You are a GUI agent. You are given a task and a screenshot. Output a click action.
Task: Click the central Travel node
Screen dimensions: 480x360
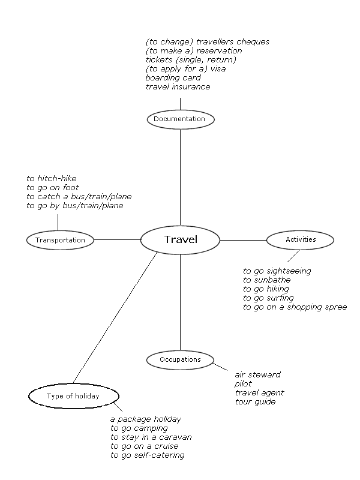click(x=181, y=240)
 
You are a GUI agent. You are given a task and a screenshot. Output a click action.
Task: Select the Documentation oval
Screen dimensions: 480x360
click(x=180, y=119)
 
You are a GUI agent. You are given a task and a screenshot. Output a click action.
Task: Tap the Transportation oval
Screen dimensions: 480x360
click(x=60, y=240)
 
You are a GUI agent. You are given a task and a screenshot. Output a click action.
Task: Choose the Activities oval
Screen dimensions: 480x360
click(x=300, y=239)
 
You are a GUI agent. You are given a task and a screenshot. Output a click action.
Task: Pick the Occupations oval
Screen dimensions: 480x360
click(x=180, y=359)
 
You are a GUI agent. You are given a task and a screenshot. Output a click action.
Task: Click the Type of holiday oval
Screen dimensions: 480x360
click(x=73, y=396)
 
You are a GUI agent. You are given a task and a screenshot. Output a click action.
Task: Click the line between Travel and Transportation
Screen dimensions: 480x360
click(x=117, y=240)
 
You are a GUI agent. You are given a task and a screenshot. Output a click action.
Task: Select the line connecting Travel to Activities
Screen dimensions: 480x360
click(x=243, y=240)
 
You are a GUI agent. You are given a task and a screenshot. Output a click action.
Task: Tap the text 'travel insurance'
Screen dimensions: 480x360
click(x=178, y=87)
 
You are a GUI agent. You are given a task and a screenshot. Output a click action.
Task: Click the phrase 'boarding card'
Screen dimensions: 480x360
click(x=173, y=78)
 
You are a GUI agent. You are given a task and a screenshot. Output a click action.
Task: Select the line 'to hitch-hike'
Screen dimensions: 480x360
click(x=51, y=178)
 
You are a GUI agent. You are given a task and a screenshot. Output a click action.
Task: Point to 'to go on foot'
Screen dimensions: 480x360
click(x=52, y=187)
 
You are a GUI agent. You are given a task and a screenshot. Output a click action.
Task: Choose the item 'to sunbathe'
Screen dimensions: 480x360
click(x=266, y=280)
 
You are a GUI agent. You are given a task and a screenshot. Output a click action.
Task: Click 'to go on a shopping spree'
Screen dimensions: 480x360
click(x=295, y=307)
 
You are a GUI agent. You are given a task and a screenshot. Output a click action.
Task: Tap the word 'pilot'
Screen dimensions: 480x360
click(x=244, y=383)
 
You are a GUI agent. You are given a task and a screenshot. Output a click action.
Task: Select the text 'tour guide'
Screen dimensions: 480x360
click(x=255, y=401)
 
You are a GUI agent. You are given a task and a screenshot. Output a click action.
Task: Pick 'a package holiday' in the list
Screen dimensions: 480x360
click(x=145, y=419)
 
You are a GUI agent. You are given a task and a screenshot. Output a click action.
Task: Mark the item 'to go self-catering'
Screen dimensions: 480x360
click(x=147, y=455)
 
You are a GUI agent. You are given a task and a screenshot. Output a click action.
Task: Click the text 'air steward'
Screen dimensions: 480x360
click(x=257, y=374)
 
